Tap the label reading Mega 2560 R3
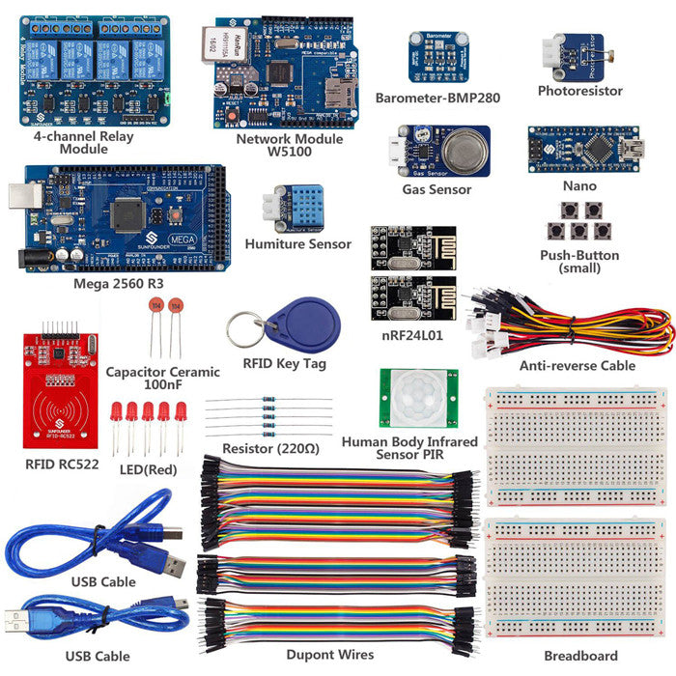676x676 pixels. [x=119, y=285]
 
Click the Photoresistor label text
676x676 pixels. [x=579, y=92]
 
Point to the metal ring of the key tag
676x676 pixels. [x=243, y=328]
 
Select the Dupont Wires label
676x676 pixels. [x=329, y=655]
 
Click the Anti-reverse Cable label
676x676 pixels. [x=577, y=366]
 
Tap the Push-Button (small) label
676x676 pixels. [x=579, y=263]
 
